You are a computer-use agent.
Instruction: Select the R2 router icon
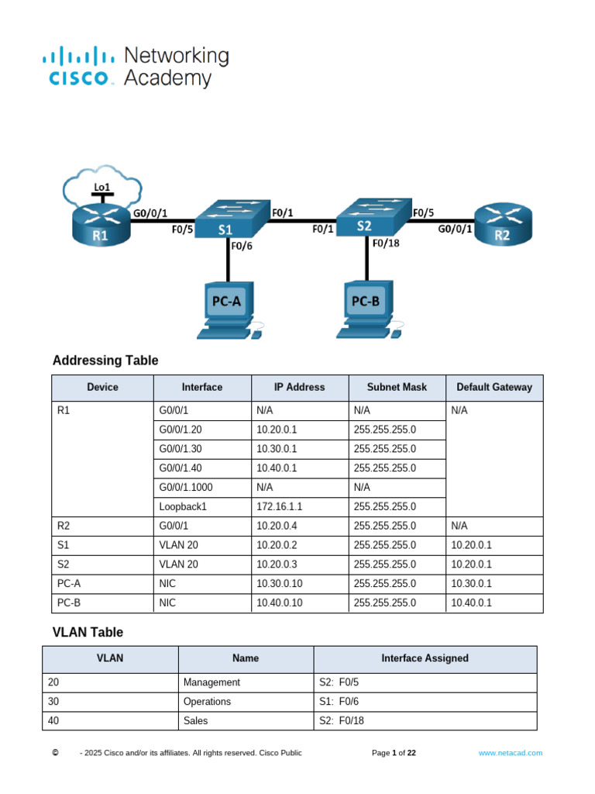(x=503, y=224)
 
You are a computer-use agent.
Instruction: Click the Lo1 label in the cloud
(x=101, y=187)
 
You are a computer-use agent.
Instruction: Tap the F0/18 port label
(x=385, y=243)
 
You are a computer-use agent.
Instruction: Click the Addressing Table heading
(x=105, y=361)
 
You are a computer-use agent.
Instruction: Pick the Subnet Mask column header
(x=397, y=387)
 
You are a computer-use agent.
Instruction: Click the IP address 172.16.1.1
(x=279, y=506)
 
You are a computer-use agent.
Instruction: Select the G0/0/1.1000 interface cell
(x=186, y=487)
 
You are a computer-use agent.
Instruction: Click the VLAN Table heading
(x=88, y=633)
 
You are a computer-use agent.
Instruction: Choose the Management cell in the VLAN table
(x=212, y=682)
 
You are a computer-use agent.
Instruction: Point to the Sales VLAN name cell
(x=196, y=720)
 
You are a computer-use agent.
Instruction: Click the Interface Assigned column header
(x=425, y=658)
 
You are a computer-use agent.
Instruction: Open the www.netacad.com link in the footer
(x=510, y=753)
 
